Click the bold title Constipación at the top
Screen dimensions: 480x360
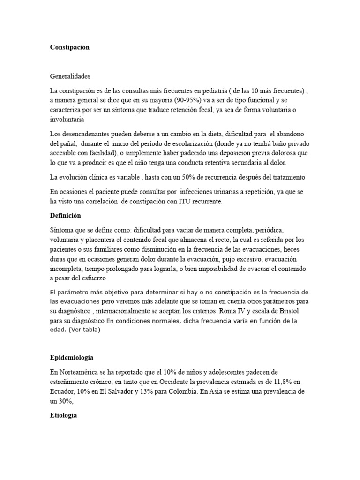point(69,47)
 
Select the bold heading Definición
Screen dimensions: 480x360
point(66,216)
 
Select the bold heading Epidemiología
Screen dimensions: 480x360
point(72,358)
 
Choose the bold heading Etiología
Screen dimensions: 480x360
point(63,415)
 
